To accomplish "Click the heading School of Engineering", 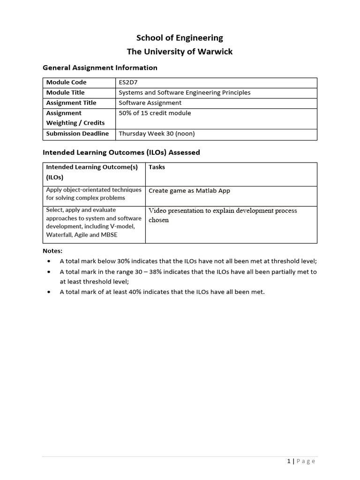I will pos(180,38).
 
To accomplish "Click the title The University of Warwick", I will pos(180,52).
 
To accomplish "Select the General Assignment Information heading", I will pos(100,68).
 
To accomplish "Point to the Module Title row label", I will pos(65,93).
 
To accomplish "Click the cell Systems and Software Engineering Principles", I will pos(184,93).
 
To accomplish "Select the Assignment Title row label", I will pos(71,103).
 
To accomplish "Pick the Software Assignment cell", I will pos(150,103).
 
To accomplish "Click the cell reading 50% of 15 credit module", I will pos(155,113).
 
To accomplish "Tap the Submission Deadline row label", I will pos(77,134).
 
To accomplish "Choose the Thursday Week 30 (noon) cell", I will pos(157,134).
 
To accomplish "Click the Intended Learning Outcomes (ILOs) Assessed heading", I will pos(121,152).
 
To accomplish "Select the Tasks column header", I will pos(157,167).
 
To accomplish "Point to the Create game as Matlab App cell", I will pos(189,191).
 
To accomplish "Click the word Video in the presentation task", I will pos(157,211).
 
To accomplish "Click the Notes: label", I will pos(52,251).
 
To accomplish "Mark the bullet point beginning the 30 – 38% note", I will pos(49,272).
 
